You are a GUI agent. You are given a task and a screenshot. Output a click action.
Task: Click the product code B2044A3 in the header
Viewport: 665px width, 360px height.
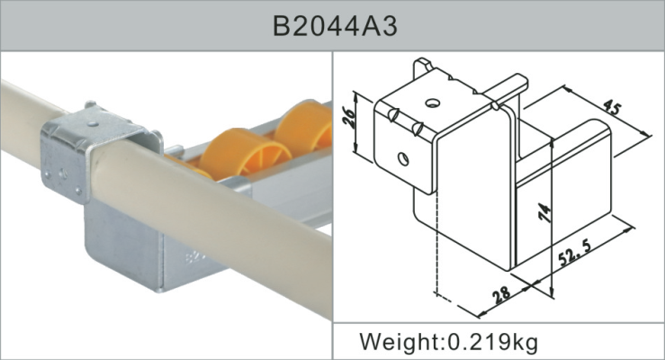[334, 26]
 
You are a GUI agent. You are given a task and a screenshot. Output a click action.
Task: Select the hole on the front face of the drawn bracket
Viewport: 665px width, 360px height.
[402, 159]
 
